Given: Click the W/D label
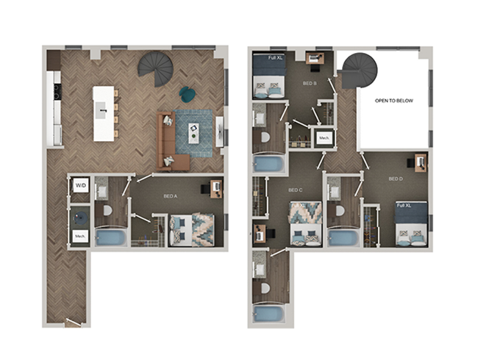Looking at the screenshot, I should [x=80, y=184].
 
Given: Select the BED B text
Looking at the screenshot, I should [x=310, y=84].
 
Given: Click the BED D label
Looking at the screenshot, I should [x=396, y=179].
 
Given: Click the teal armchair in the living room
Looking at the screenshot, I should [x=188, y=94].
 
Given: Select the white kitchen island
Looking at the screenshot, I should [x=104, y=113].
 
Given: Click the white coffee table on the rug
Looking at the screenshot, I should [x=193, y=133].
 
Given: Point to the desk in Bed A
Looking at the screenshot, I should [x=216, y=188].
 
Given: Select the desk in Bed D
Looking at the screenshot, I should [x=420, y=162].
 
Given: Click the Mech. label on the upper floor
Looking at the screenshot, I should [x=323, y=137].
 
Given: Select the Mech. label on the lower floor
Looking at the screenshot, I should [x=80, y=236].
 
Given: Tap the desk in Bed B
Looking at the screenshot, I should [x=315, y=58].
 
